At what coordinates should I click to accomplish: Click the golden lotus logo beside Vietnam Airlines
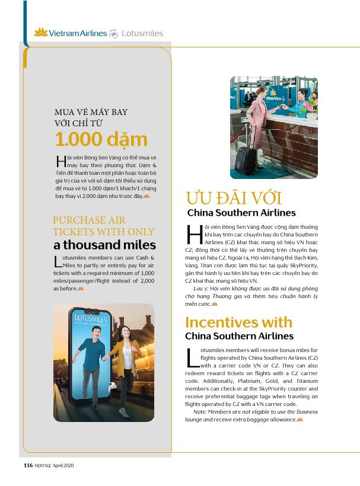point(40,33)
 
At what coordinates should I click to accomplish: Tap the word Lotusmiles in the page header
point(142,33)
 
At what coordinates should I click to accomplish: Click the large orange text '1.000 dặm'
point(101,139)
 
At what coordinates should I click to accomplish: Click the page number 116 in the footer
point(28,465)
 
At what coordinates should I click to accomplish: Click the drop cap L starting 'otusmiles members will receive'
point(191,357)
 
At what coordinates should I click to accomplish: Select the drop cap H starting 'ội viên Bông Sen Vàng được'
point(193,234)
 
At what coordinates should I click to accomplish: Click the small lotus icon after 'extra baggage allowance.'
point(300,420)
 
